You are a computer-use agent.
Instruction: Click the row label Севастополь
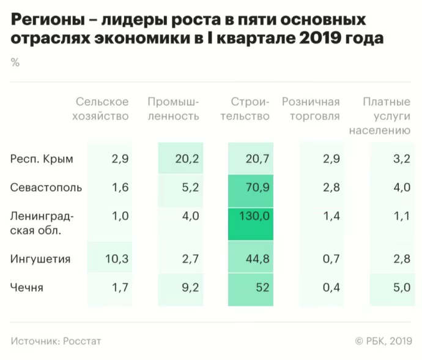[x=46, y=187]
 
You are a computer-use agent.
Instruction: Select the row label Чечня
[x=27, y=288]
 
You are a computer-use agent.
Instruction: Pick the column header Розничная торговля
[x=310, y=109]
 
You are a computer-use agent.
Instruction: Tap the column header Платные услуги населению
[x=379, y=116]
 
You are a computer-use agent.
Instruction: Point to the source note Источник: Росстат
[x=56, y=340]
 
